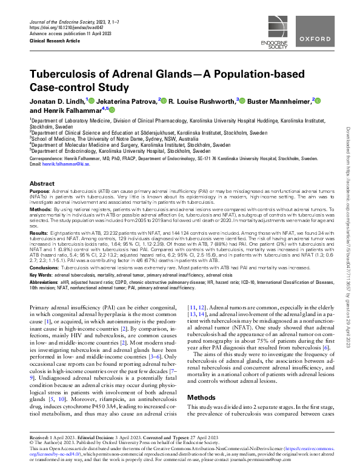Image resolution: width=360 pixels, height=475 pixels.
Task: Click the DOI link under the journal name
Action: click(x=62, y=28)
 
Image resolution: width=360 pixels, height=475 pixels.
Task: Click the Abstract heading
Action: click(x=42, y=183)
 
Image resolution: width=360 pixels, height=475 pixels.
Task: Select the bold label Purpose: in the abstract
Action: click(x=40, y=191)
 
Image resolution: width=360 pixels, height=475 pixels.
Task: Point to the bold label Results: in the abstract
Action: click(x=39, y=232)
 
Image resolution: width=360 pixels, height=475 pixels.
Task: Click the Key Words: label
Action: click(x=42, y=275)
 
